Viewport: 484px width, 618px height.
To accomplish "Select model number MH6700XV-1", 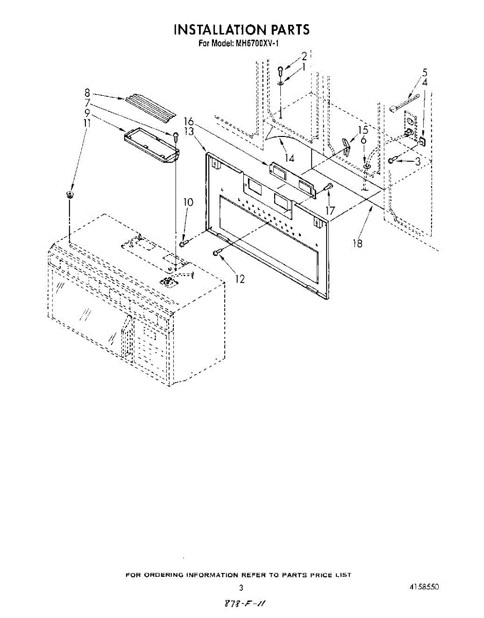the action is pyautogui.click(x=257, y=44).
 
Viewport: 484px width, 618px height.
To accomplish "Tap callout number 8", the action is pyautogui.click(x=87, y=93).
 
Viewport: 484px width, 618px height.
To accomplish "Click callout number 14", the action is pyautogui.click(x=289, y=158).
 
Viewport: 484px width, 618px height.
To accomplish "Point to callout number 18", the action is pyautogui.click(x=357, y=243).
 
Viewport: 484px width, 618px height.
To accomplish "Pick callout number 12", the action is pyautogui.click(x=240, y=279).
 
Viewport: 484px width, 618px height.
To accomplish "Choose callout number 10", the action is pyautogui.click(x=188, y=202).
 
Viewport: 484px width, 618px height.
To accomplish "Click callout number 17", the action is pyautogui.click(x=330, y=211).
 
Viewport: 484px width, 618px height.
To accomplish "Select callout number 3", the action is pyautogui.click(x=418, y=161).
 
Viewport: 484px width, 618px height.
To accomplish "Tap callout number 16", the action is pyautogui.click(x=189, y=122).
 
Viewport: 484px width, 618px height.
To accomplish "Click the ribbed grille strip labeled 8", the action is pyautogui.click(x=150, y=108).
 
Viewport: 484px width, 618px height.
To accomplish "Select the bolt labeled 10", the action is pyautogui.click(x=184, y=243).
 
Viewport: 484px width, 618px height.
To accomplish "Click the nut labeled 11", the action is pyautogui.click(x=69, y=195).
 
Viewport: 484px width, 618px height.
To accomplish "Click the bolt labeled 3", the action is pyautogui.click(x=393, y=160).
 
